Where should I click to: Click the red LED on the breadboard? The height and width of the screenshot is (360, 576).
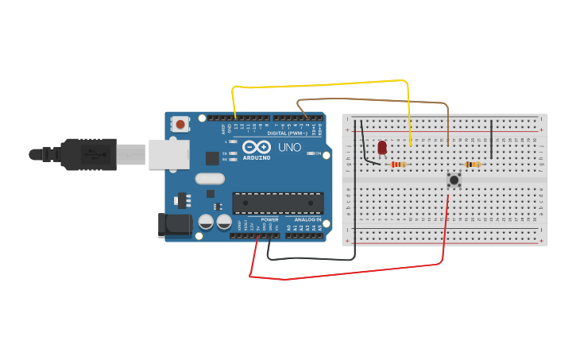[x=382, y=148]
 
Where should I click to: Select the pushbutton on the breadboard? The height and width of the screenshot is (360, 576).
[x=454, y=180]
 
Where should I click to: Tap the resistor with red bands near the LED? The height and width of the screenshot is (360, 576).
[x=399, y=165]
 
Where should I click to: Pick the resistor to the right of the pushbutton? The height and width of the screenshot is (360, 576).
[x=473, y=165]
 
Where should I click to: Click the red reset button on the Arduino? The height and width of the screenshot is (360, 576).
[x=180, y=124]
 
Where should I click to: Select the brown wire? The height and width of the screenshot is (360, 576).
[x=373, y=100]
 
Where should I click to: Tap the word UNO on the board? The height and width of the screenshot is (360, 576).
[x=284, y=147]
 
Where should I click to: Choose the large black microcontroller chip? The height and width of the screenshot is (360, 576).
[x=277, y=203]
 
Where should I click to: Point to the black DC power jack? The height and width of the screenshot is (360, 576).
[x=175, y=225]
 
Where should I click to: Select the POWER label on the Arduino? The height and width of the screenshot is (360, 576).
[x=269, y=219]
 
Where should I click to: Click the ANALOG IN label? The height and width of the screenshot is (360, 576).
[x=307, y=219]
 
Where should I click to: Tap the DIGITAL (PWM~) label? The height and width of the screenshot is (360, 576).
[x=288, y=133]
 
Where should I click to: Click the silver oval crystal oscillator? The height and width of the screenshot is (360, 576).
[x=210, y=179]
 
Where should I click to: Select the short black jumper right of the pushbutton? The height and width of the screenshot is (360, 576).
[x=492, y=139]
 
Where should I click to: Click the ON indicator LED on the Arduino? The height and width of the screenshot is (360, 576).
[x=311, y=153]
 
